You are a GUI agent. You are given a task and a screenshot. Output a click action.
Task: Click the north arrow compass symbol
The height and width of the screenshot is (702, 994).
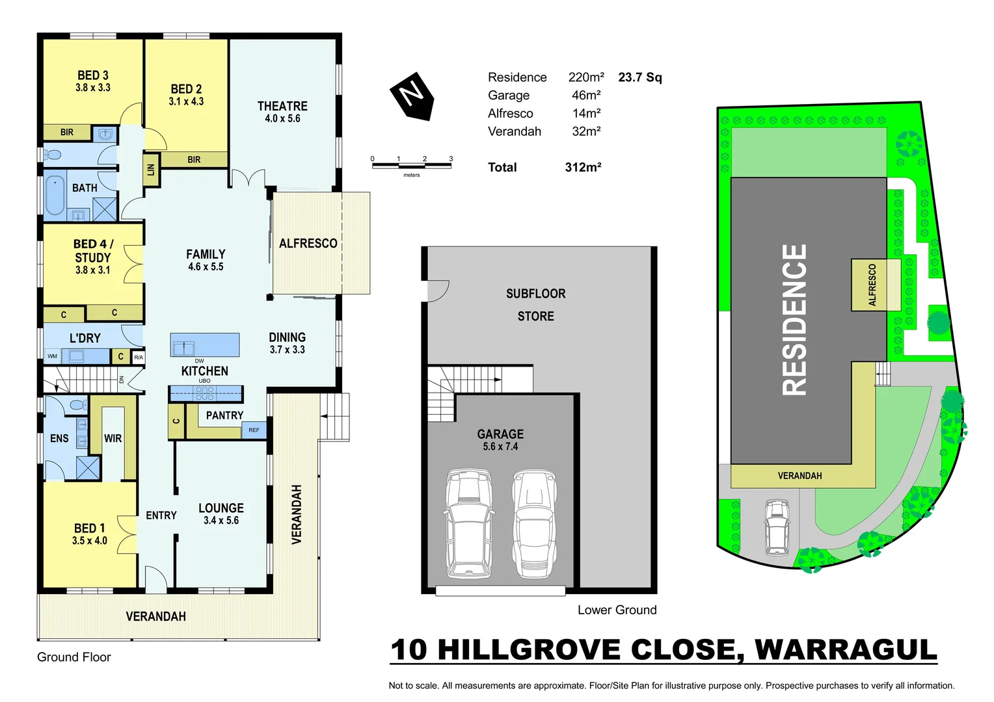(x=412, y=96)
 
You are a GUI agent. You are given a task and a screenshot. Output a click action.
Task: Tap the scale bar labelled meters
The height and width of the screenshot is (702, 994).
(x=411, y=166)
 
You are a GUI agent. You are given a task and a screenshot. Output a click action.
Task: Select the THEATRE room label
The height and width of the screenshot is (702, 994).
(x=282, y=107)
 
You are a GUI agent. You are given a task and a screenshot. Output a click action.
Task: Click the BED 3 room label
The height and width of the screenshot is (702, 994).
(x=93, y=75)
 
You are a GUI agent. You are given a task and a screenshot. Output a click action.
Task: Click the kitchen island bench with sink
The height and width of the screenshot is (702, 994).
(x=205, y=344)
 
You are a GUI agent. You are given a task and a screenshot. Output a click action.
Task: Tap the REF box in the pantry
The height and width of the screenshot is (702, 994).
(x=254, y=430)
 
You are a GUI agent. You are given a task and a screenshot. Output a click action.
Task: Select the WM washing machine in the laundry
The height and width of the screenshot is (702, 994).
(x=53, y=356)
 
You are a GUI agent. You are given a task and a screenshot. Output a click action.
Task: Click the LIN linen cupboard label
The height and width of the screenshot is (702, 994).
(x=151, y=170)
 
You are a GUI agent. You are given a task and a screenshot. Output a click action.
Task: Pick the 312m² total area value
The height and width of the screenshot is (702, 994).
(x=583, y=167)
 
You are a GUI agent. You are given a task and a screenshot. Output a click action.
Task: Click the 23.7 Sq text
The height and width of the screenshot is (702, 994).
(x=639, y=77)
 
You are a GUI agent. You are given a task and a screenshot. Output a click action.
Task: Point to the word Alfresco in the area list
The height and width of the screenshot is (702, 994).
(x=510, y=113)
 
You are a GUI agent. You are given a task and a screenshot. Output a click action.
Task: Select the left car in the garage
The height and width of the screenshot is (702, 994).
(x=468, y=523)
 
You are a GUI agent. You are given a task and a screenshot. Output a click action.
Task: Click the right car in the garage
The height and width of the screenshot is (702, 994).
(x=534, y=523)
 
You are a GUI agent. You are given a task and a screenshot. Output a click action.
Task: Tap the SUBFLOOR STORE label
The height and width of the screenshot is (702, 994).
(x=535, y=305)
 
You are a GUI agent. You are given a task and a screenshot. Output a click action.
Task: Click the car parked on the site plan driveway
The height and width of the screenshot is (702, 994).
(x=777, y=526)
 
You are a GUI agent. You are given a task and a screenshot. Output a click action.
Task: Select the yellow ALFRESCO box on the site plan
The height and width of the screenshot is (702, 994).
(x=876, y=285)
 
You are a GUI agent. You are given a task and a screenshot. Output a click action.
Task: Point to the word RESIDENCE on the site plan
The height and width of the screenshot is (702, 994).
(x=794, y=320)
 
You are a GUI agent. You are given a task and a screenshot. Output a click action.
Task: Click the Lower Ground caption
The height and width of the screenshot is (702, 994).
(x=617, y=610)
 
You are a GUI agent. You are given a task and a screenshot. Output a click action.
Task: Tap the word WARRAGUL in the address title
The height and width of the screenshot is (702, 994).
(x=845, y=650)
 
